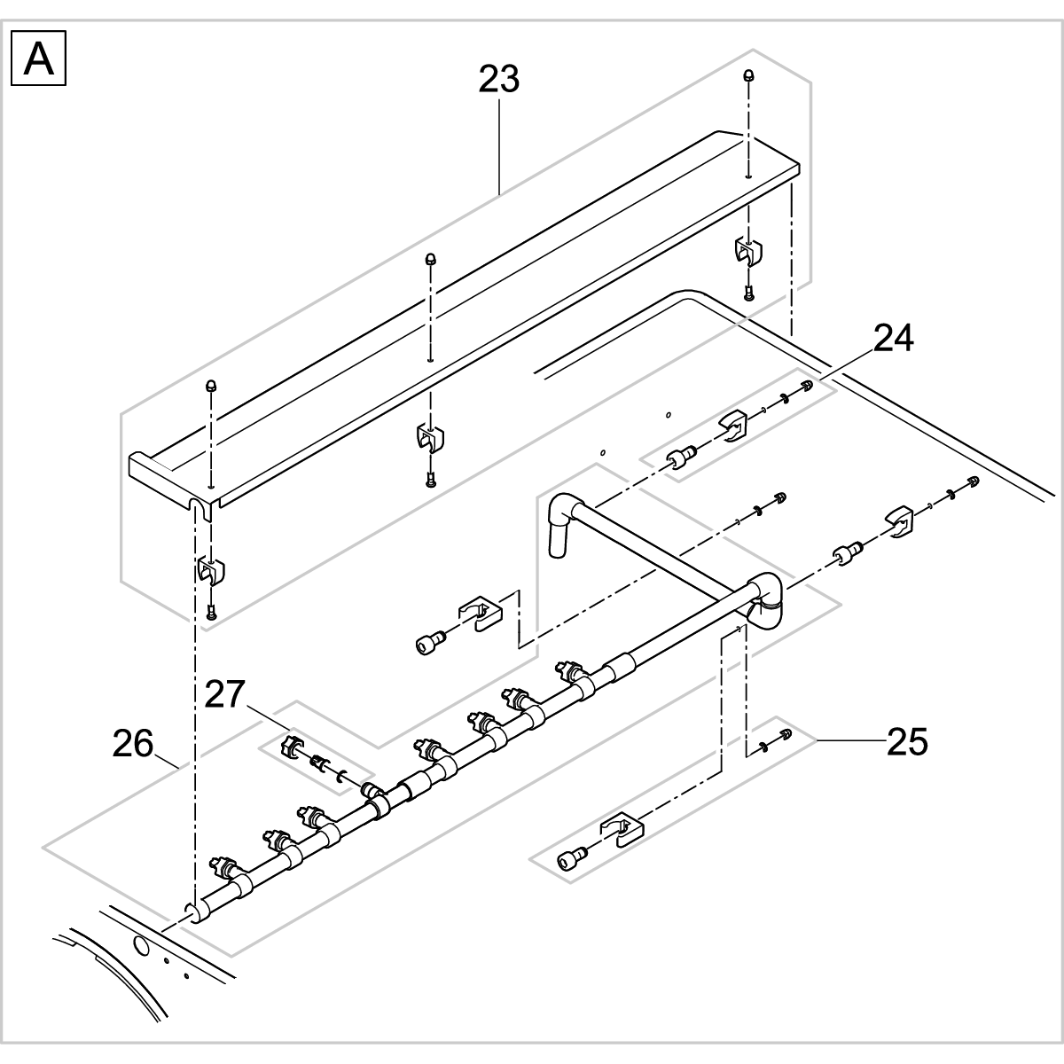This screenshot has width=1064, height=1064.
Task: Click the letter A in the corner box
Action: pyautogui.click(x=38, y=59)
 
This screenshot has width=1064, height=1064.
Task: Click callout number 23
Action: pyautogui.click(x=498, y=79)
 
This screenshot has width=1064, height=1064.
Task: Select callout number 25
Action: pyautogui.click(x=907, y=741)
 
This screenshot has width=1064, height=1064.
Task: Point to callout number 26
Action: pyautogui.click(x=133, y=743)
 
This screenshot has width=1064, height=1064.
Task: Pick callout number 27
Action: pyautogui.click(x=224, y=693)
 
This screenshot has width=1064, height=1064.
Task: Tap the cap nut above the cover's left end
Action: pyautogui.click(x=211, y=386)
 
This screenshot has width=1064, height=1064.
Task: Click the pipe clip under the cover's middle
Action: pyautogui.click(x=429, y=438)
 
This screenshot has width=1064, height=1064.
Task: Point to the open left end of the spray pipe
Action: pyautogui.click(x=190, y=913)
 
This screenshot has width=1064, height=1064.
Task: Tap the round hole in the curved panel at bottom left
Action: pyautogui.click(x=140, y=945)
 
